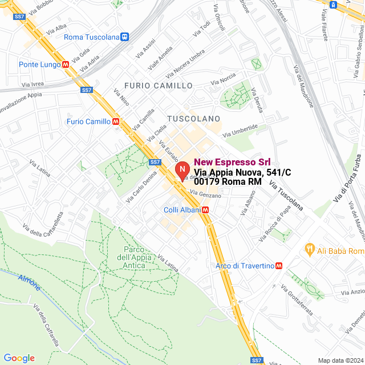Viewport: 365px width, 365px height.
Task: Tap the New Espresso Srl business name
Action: [232, 162]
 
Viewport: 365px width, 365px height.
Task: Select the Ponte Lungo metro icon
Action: [66, 64]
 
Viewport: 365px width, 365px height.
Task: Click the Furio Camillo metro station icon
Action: [116, 121]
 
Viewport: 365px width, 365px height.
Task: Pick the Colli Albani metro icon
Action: [205, 210]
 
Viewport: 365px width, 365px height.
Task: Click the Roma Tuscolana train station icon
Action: [125, 37]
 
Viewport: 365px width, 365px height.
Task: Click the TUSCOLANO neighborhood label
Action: [193, 118]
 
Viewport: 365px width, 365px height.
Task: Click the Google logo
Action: [19, 358]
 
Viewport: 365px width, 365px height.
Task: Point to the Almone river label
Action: [29, 281]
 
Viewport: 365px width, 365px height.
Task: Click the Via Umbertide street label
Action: [244, 131]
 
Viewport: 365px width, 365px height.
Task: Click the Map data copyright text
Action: [340, 360]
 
